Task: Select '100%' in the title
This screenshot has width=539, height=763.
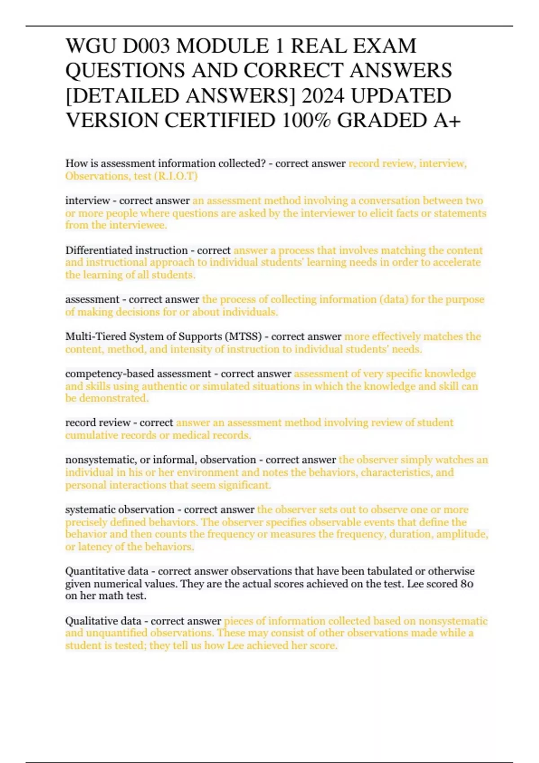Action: pyautogui.click(x=307, y=120)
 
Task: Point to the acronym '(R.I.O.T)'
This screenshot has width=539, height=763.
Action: pyautogui.click(x=176, y=176)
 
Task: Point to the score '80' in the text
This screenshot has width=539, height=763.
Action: pyautogui.click(x=467, y=583)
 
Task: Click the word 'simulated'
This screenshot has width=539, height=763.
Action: pyautogui.click(x=223, y=386)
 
